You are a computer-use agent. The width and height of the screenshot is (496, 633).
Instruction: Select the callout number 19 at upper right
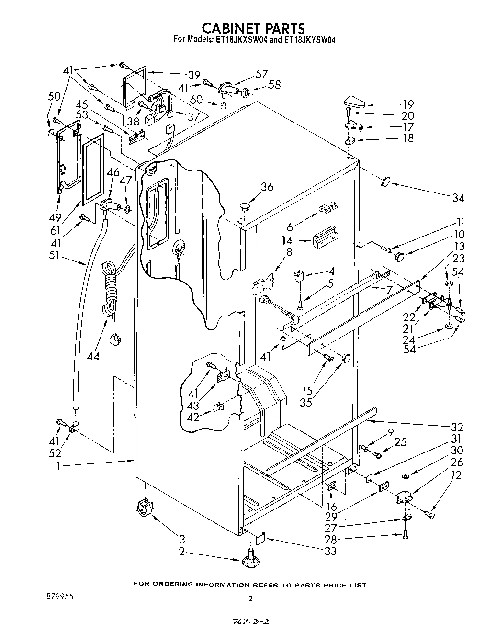pyautogui.click(x=408, y=104)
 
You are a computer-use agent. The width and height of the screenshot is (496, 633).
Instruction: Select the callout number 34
pyautogui.click(x=458, y=197)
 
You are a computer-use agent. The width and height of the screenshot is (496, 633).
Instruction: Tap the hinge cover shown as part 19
pyautogui.click(x=355, y=102)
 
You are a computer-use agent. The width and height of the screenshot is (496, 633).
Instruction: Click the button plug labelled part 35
pyautogui.click(x=346, y=357)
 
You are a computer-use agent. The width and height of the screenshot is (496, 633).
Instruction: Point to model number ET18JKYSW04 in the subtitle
pyautogui.click(x=309, y=41)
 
